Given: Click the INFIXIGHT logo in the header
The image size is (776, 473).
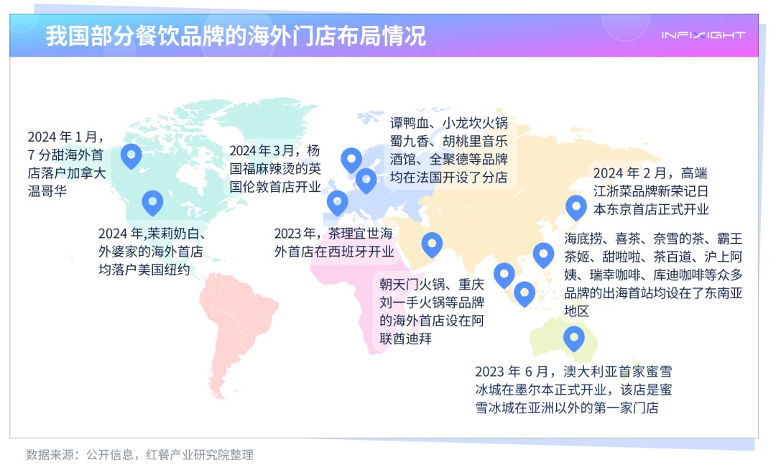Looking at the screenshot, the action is [703, 35].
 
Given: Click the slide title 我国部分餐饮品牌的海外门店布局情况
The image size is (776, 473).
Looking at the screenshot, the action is [236, 36].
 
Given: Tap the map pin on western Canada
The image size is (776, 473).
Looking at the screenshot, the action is [131, 156].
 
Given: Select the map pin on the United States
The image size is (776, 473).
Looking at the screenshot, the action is [152, 203].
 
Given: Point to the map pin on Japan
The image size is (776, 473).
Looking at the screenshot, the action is [576, 208].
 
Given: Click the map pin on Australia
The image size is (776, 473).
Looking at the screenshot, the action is [574, 339].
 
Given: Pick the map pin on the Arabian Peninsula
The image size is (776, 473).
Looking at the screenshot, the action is [432, 244].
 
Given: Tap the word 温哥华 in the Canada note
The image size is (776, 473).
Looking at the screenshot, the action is [47, 191].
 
